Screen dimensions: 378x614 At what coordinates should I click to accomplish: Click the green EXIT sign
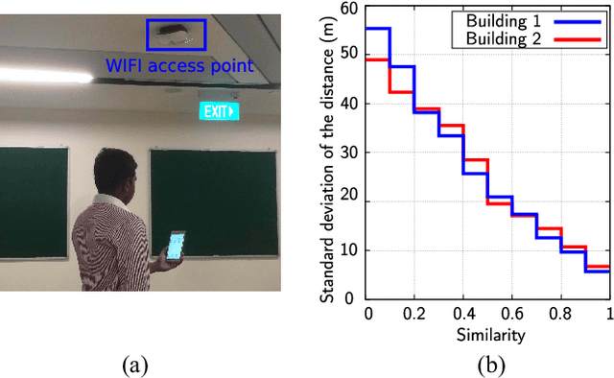click(x=218, y=111)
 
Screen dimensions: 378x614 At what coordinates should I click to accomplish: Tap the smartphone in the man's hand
click(x=176, y=246)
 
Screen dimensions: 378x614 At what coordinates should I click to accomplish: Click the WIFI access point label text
click(x=179, y=66)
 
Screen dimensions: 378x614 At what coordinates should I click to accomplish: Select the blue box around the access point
click(x=175, y=35)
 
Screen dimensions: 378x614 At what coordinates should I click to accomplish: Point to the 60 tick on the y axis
click(x=350, y=10)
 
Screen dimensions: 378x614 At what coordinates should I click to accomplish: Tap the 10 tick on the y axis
click(x=350, y=250)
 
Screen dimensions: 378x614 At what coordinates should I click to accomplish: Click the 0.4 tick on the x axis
click(x=463, y=313)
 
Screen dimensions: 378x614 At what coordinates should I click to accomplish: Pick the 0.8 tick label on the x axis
click(x=560, y=313)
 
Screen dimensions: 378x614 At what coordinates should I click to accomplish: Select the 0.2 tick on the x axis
click(x=414, y=313)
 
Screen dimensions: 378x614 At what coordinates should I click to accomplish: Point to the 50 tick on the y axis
click(x=350, y=57)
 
